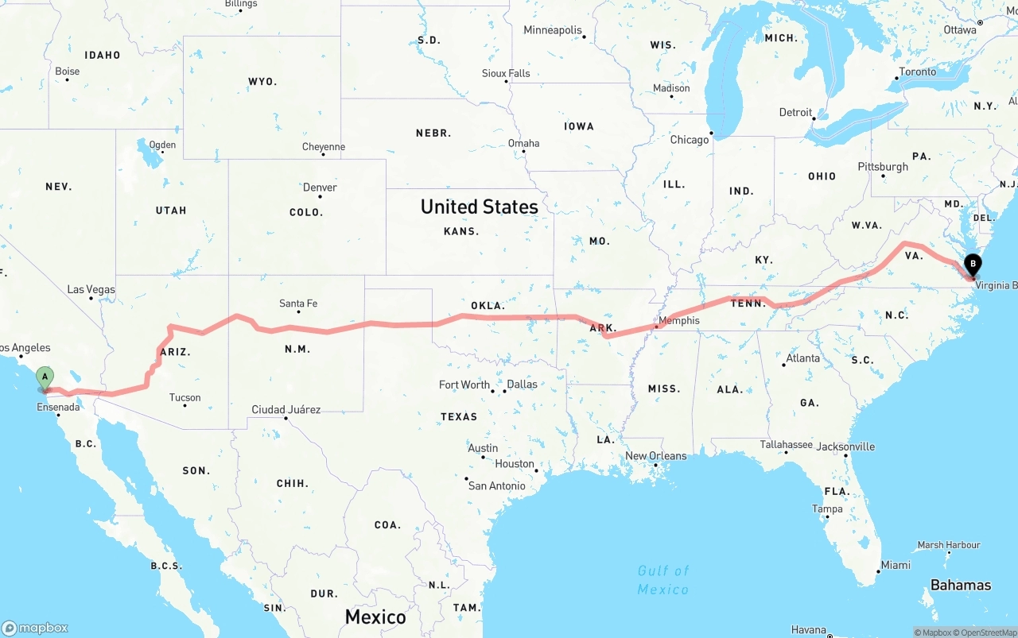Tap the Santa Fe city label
coord(298,304)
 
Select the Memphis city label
coord(678,321)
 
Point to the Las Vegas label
coord(91,290)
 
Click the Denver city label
coord(320,188)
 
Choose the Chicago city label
coord(689,140)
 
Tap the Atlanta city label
coord(802,358)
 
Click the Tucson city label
coord(185,397)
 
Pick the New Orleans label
coord(655,456)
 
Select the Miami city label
coord(896,565)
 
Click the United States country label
coord(479,207)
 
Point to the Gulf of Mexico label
coord(663,580)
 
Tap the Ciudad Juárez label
coord(286,410)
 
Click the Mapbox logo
coord(35,628)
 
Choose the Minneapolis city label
coord(553,30)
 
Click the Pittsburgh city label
coord(882,167)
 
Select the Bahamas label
coord(961,586)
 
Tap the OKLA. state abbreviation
coord(488,306)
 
